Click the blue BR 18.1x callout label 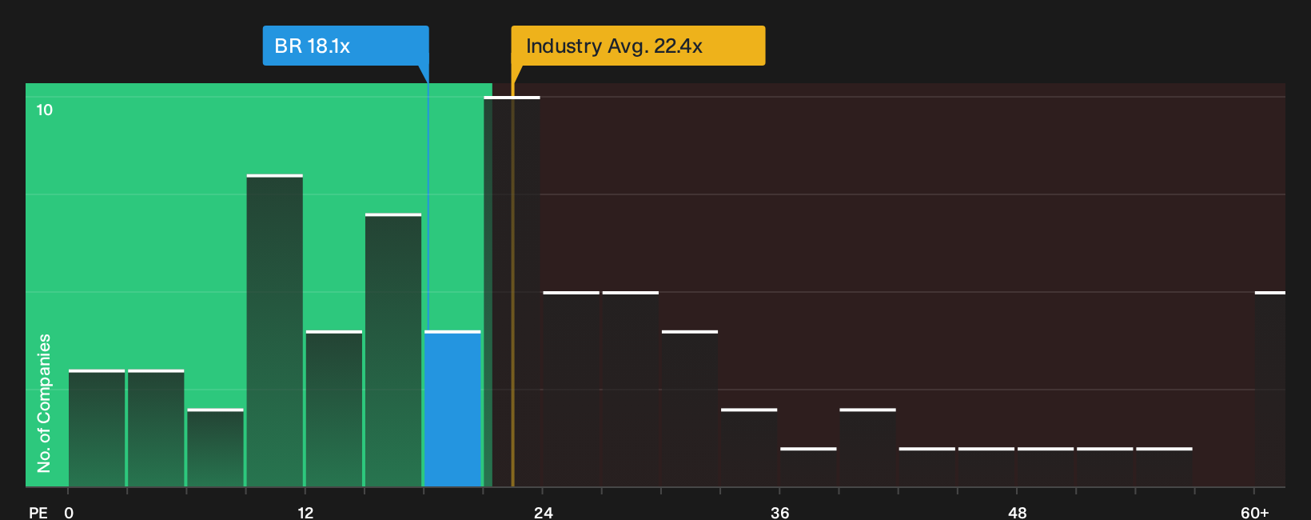pos(345,46)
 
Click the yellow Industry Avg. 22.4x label pos(638,46)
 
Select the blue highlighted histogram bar pos(452,409)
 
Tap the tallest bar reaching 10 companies pos(512,292)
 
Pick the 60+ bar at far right pos(1270,389)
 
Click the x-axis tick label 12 pos(305,513)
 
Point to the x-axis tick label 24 pos(543,513)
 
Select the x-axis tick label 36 pos(779,513)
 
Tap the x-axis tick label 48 pos(1017,513)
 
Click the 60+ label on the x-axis pos(1255,513)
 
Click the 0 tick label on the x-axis pos(69,513)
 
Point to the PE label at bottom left pos(38,513)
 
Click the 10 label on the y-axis pos(45,110)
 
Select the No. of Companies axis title pos(44,403)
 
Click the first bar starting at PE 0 pos(97,428)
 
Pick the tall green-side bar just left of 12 pos(274,330)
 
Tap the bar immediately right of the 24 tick pos(572,389)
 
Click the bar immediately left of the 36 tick pos(749,447)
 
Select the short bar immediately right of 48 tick pos(1046,467)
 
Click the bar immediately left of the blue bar pos(393,350)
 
